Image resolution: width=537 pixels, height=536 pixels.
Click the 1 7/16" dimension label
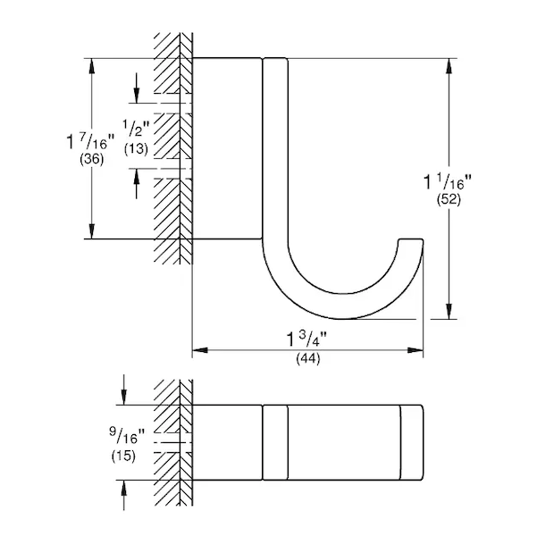click(x=90, y=140)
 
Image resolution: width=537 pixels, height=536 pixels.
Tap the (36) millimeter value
click(x=91, y=159)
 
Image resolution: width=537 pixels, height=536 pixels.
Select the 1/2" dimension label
click(x=137, y=128)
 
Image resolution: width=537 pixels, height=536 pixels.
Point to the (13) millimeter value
click(x=136, y=149)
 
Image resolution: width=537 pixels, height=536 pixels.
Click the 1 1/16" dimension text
click(x=448, y=181)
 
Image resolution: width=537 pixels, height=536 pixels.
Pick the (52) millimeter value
click(x=449, y=199)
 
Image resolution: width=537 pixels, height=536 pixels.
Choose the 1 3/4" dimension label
click(x=306, y=339)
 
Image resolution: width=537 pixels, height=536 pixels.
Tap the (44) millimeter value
click(x=308, y=358)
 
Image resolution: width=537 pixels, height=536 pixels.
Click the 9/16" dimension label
click(x=127, y=436)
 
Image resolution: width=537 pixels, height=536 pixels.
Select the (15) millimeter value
click(x=123, y=456)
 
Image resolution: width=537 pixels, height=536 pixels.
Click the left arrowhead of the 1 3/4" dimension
click(x=199, y=350)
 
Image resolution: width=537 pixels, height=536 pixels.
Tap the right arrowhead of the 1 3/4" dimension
click(x=415, y=350)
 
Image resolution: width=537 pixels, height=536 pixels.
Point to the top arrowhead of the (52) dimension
click(x=449, y=66)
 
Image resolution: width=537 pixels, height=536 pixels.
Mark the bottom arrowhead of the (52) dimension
click(x=449, y=311)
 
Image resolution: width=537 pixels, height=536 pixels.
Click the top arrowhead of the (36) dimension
click(x=92, y=66)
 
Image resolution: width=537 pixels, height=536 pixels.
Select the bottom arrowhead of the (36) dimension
click(x=92, y=230)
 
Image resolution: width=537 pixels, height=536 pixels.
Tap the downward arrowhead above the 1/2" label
click(x=137, y=96)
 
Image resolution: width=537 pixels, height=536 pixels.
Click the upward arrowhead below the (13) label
click(x=137, y=176)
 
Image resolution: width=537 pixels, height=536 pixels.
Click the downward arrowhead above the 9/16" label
click(x=124, y=398)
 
